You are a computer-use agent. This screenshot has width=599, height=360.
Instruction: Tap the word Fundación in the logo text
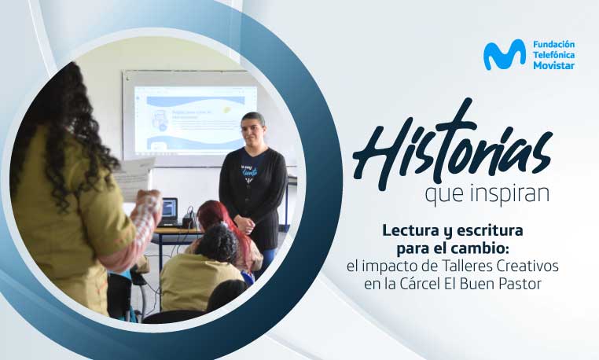point(553,44)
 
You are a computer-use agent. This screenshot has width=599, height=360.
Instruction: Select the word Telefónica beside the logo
point(553,55)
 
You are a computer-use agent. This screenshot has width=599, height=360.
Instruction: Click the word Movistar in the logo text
point(553,65)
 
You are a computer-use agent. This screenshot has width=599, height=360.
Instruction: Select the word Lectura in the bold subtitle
point(410,230)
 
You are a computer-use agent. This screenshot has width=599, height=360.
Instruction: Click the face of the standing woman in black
point(253,129)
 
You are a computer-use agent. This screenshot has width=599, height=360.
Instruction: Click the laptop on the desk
point(168,212)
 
